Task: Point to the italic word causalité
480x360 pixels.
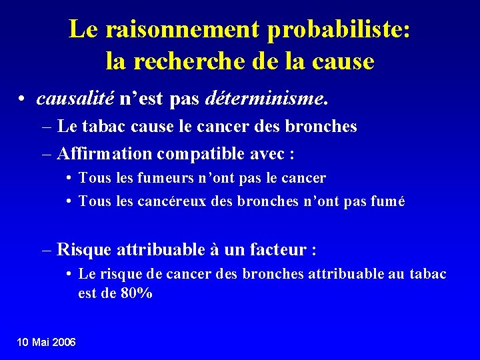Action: click(75, 99)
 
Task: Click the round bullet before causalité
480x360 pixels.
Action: click(23, 100)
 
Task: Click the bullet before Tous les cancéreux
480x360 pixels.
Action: click(69, 201)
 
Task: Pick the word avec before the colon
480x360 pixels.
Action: click(267, 154)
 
